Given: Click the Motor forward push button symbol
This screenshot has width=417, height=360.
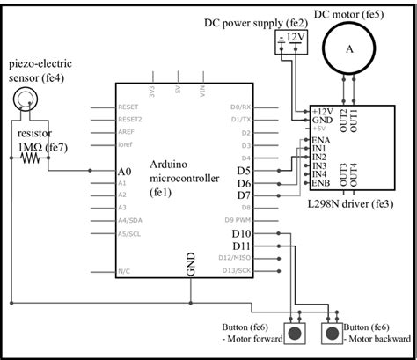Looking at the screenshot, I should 298,332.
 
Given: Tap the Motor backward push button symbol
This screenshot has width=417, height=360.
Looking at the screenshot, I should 332,332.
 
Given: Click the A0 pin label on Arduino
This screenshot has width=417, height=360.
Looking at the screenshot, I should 124,170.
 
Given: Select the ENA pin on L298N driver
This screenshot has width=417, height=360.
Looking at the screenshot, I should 321,140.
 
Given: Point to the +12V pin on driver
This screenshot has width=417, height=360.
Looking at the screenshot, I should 324,111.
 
